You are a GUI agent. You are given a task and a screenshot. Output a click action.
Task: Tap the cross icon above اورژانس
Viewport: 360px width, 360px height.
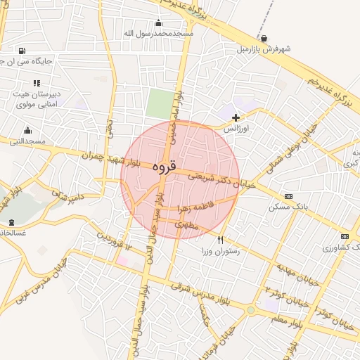(x=236, y=117)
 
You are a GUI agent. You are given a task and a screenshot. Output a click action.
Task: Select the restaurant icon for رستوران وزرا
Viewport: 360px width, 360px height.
(x=220, y=240)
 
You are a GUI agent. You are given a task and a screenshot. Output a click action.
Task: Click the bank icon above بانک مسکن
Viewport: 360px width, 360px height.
(x=288, y=196)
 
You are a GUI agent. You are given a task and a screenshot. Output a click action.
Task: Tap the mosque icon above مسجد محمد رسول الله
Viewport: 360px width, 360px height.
(x=158, y=22)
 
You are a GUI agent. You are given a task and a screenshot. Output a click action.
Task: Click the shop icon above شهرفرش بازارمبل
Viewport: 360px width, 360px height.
(x=264, y=38)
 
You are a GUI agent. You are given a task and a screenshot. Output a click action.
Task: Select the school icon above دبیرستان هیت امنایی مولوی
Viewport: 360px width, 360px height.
(x=37, y=83)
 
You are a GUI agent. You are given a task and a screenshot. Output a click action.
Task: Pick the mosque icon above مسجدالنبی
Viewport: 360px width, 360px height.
(x=27, y=130)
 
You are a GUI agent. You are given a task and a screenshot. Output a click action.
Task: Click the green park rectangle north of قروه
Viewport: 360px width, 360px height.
(x=160, y=105)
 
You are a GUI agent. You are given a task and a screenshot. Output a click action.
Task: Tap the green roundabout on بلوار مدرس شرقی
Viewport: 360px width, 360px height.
(x=251, y=309)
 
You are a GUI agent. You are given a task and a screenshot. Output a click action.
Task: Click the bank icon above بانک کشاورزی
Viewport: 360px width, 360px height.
(x=345, y=236)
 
